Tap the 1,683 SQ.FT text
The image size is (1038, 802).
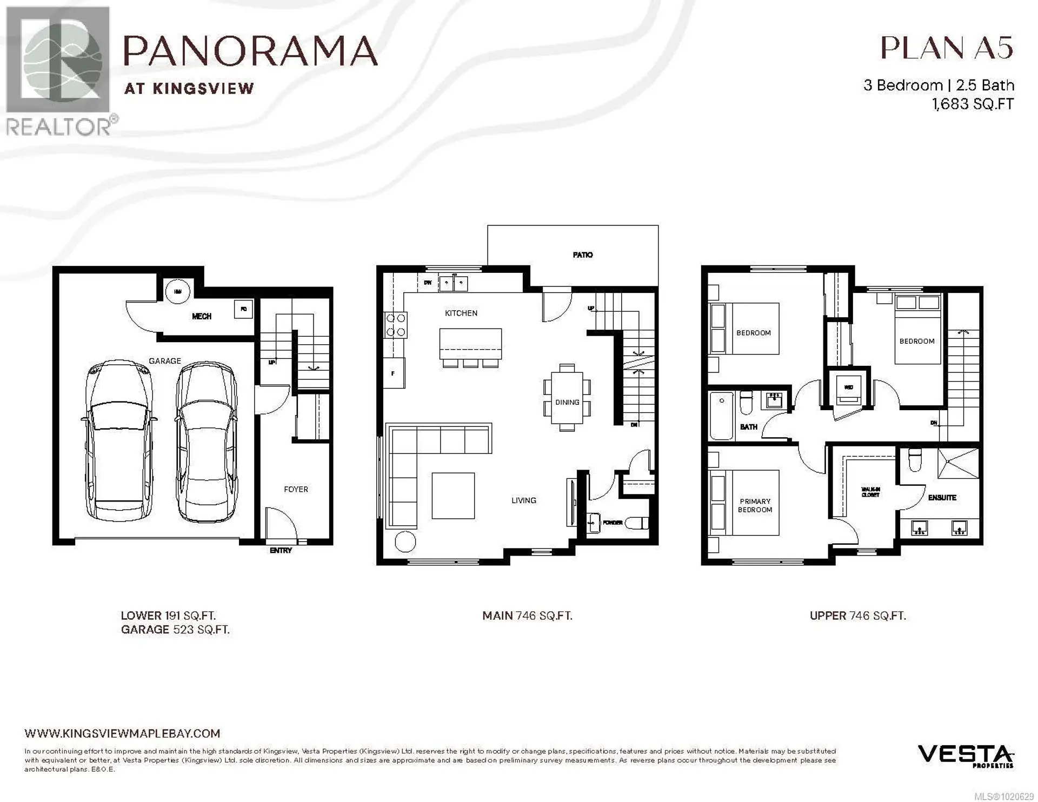973,104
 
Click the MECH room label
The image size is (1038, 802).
202,316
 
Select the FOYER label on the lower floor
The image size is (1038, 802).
296,489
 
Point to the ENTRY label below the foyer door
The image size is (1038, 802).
281,550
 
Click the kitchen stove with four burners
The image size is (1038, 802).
395,325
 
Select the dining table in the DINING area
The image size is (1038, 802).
567,397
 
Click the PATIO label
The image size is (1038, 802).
582,255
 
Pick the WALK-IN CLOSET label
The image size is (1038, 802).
870,492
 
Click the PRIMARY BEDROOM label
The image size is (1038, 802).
755,505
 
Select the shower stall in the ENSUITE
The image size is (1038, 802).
958,463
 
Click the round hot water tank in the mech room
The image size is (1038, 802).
178,292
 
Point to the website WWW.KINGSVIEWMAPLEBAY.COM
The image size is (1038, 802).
122,733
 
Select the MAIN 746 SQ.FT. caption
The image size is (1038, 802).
527,616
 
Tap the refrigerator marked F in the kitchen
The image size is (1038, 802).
394,373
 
